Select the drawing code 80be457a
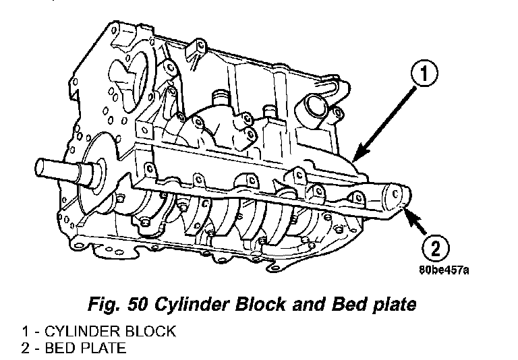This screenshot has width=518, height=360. click(x=444, y=271)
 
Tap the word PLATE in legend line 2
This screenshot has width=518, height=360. click(x=104, y=348)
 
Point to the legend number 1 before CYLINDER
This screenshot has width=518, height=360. click(x=26, y=332)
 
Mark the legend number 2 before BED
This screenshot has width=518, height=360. click(x=26, y=348)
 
